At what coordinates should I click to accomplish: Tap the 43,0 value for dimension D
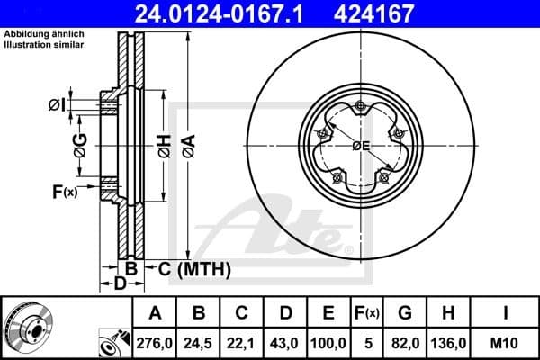(286, 342)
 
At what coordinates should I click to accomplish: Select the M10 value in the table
(504, 342)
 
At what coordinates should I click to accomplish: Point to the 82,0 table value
(406, 342)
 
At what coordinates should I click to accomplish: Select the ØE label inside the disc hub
(361, 146)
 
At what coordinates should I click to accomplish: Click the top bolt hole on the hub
(361, 108)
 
